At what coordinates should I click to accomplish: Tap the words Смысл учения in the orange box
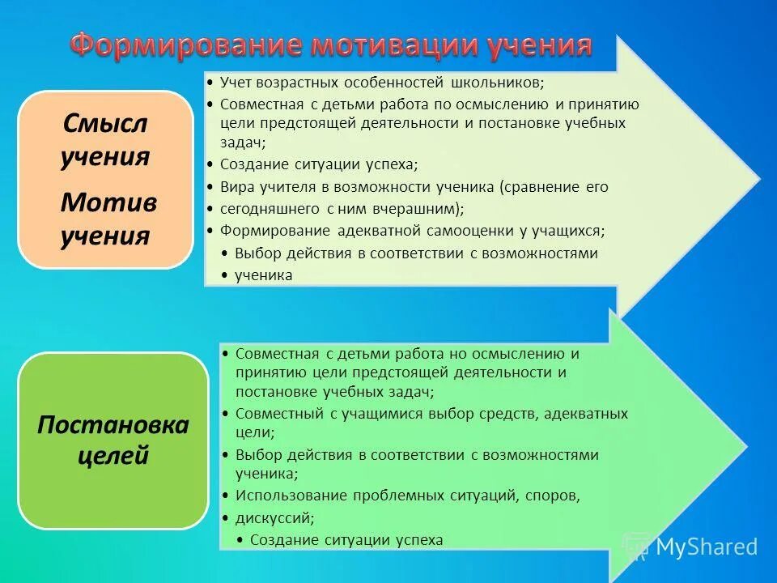105,139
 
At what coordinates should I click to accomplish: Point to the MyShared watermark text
706,547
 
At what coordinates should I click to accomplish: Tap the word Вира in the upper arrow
235,187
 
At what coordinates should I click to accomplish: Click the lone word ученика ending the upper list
264,275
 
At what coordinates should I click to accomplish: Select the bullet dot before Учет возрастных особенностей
210,83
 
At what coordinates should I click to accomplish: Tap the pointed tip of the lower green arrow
744,446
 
